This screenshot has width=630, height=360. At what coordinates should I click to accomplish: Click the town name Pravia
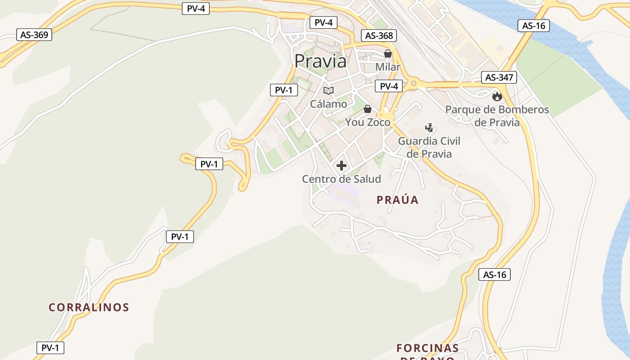pyautogui.click(x=320, y=61)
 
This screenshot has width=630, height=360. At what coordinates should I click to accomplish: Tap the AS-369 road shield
pyautogui.click(x=34, y=35)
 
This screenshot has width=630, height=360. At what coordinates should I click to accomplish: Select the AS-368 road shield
pyautogui.click(x=379, y=36)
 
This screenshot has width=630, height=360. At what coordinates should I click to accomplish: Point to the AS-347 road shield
pyautogui.click(x=499, y=77)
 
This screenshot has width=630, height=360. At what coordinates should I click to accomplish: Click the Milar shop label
pyautogui.click(x=387, y=67)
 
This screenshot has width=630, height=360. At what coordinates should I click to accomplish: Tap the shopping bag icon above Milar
pyautogui.click(x=387, y=54)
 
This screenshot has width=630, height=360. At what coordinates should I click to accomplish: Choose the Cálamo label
pyautogui.click(x=328, y=104)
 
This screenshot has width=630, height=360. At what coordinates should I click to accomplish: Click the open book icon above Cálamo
pyautogui.click(x=328, y=90)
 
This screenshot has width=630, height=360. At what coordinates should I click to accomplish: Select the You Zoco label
pyautogui.click(x=368, y=122)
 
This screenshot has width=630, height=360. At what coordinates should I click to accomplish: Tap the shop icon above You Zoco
pyautogui.click(x=368, y=109)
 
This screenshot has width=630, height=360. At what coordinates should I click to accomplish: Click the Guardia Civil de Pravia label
pyautogui.click(x=429, y=147)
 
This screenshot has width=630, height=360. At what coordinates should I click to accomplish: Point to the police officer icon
pyautogui.click(x=429, y=127)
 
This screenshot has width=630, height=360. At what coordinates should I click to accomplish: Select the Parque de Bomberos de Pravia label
pyautogui.click(x=497, y=116)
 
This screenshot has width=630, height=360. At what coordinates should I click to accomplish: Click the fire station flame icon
pyautogui.click(x=497, y=96)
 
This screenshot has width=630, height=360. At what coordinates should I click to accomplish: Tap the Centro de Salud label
pyautogui.click(x=341, y=179)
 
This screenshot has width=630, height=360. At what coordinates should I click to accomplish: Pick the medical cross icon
pyautogui.click(x=342, y=166)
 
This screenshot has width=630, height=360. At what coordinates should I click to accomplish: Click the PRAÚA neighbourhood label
pyautogui.click(x=397, y=200)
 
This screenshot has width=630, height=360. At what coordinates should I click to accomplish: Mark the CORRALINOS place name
pyautogui.click(x=89, y=307)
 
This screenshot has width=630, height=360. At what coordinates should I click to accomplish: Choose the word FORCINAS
pyautogui.click(x=427, y=348)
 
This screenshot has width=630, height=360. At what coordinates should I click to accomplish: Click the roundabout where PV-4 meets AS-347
pyautogui.click(x=414, y=83)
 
